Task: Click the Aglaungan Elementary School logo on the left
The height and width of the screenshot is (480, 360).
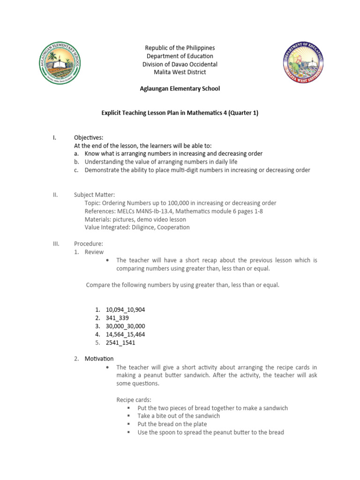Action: pos(59,63)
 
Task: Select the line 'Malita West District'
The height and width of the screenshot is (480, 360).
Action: pos(180,72)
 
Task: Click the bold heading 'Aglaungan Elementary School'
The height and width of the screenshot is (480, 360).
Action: pos(180,89)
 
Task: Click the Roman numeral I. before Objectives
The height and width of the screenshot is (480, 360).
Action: pos(54,137)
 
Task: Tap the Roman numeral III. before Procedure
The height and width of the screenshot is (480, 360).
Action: pos(56,244)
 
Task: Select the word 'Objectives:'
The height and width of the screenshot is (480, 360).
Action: pos(88,137)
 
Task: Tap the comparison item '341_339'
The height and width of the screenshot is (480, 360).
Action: pos(117,318)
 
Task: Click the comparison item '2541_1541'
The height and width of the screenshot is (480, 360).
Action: pos(120,343)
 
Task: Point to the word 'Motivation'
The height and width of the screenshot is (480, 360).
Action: pos(99,359)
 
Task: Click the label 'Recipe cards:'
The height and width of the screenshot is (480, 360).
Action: pos(134,400)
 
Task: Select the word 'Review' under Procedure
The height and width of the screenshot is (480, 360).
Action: pos(94,252)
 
